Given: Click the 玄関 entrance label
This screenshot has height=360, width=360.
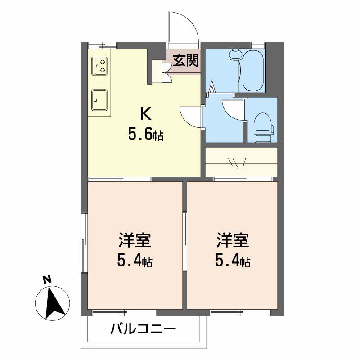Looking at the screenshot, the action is [185, 61].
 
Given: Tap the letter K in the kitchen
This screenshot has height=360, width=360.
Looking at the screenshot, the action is [146, 114].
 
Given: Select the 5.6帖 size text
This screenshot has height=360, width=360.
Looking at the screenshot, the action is [146, 135].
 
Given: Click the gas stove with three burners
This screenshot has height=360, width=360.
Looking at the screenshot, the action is [99, 66].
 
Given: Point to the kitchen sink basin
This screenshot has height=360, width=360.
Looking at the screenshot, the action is [99, 100].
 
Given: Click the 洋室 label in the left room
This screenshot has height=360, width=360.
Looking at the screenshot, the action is [135, 240].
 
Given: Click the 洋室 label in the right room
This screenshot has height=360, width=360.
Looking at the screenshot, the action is [233, 240].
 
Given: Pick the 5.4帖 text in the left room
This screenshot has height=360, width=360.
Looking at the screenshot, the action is [135, 261].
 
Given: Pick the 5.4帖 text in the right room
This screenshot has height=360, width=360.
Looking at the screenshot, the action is [233, 261].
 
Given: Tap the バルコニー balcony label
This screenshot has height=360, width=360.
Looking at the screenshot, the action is [143, 329].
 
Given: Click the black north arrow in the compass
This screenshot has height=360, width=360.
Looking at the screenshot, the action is [54, 303].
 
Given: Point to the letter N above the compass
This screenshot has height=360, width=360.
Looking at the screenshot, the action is [47, 279].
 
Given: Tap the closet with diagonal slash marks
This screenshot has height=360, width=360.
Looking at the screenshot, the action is [241, 162].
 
